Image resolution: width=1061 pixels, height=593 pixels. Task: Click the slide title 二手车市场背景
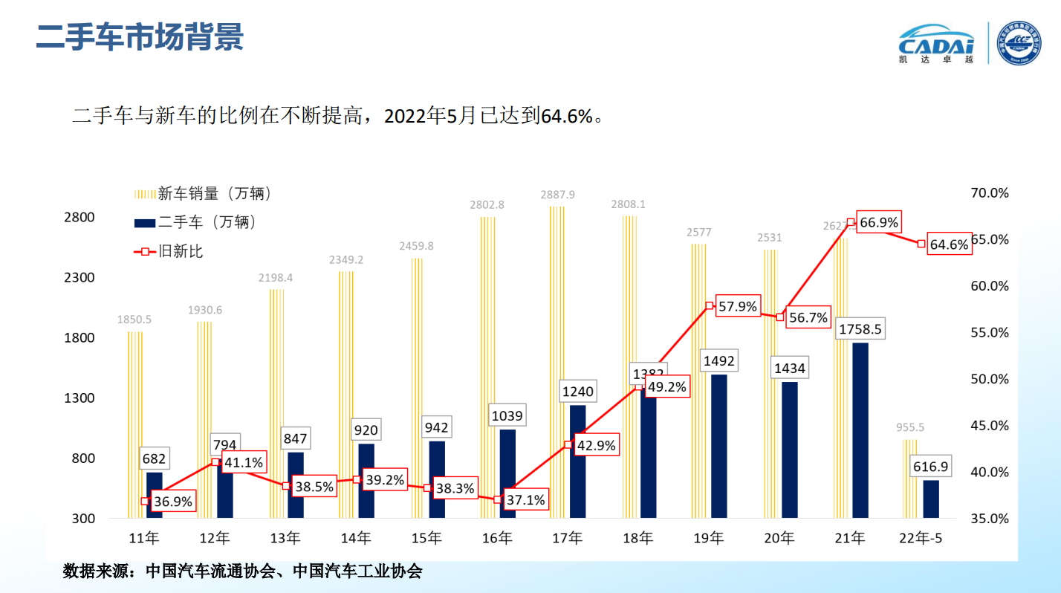pyautogui.click(x=140, y=37)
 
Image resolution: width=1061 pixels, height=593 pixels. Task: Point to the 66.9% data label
pyautogui.click(x=877, y=222)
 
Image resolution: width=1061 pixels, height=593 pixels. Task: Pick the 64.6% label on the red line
pyautogui.click(x=950, y=244)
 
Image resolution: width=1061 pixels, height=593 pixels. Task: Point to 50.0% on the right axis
pyautogui.click(x=990, y=379)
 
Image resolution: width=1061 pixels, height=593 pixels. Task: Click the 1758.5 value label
pyautogui.click(x=860, y=328)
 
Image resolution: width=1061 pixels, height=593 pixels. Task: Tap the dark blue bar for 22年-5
pyautogui.click(x=930, y=499)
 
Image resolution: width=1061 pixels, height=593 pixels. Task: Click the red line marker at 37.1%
pyautogui.click(x=498, y=499)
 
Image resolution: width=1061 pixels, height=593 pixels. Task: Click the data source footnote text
pyautogui.click(x=243, y=571)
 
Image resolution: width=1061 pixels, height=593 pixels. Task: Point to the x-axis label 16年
pyautogui.click(x=497, y=538)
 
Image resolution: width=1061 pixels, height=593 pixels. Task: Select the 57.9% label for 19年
pyautogui.click(x=737, y=305)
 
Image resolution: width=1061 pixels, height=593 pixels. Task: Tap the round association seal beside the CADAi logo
pyautogui.click(x=1019, y=43)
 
